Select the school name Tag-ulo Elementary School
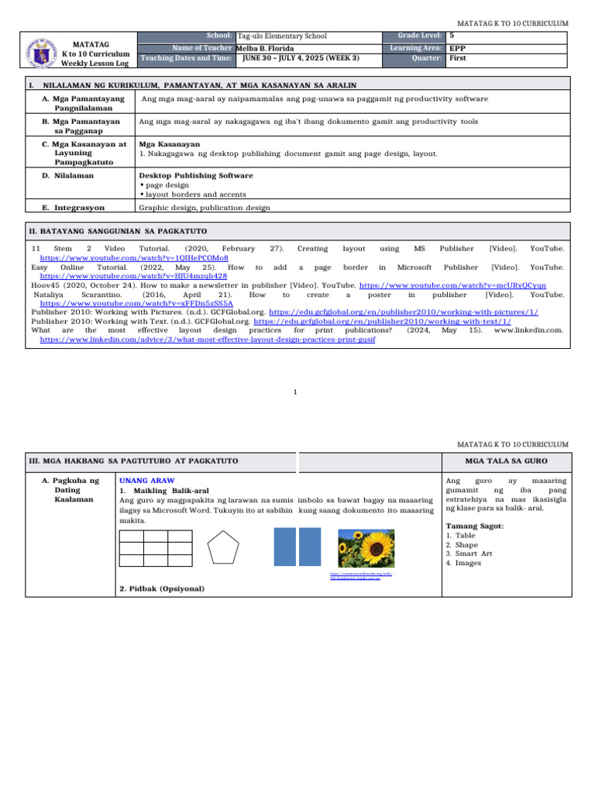[282, 36]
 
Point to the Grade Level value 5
[452, 36]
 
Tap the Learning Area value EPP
[457, 47]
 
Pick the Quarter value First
[458, 57]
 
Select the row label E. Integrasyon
[74, 208]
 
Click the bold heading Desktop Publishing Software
[195, 175]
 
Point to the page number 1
[297, 392]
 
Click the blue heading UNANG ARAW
[147, 481]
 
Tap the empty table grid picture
[156, 549]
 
